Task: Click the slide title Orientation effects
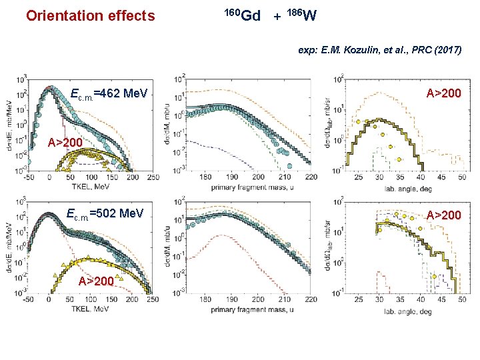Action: (x=90, y=15)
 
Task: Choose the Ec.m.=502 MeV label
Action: (x=105, y=214)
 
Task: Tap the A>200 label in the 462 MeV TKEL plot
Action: (x=64, y=143)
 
